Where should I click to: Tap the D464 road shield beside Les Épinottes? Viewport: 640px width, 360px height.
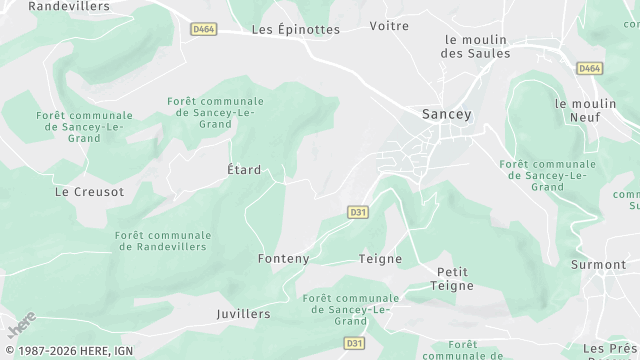(203, 29)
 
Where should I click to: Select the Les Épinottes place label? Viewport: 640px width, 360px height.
(295, 29)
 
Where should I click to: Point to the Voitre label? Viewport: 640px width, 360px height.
(389, 25)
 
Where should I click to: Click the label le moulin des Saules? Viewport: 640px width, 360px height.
(475, 46)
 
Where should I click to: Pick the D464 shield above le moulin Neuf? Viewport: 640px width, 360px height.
(589, 68)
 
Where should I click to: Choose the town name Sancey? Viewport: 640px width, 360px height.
(446, 114)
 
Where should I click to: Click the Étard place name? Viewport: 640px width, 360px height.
(244, 170)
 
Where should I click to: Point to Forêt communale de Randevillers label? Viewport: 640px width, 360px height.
(161, 240)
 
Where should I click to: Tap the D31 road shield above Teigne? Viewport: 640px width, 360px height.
(358, 212)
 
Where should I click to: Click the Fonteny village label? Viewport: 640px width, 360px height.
(283, 258)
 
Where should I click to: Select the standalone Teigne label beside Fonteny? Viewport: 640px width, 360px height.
(380, 258)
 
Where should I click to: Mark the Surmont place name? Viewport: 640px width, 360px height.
(597, 265)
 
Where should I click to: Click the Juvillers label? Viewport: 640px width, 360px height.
(243, 313)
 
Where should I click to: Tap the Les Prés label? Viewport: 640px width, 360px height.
(604, 348)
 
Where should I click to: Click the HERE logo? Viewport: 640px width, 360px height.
(21, 325)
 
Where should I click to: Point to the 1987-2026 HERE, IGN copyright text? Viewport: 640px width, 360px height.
(66, 351)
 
